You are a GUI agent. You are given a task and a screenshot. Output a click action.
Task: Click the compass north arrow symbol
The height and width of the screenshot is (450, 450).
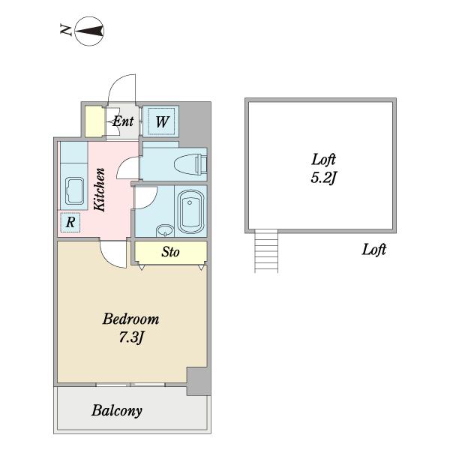click(x=89, y=31)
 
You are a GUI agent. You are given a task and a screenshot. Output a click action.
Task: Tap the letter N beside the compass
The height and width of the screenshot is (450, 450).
click(x=66, y=30)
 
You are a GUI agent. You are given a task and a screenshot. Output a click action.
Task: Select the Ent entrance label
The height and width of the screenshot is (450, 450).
click(x=123, y=121)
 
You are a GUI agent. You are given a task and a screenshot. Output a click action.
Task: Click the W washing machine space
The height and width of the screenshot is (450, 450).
click(x=161, y=121)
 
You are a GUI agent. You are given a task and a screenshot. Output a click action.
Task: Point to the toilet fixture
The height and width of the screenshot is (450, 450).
click(x=190, y=165)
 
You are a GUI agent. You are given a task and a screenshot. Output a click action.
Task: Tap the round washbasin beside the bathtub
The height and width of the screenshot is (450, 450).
click(x=165, y=230)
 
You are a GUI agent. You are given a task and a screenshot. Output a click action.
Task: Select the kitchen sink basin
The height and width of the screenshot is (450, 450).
click(x=74, y=190)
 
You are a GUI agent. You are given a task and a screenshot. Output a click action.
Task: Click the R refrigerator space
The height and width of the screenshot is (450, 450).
click(x=70, y=223)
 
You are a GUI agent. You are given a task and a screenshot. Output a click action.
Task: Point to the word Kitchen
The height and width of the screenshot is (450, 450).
click(x=100, y=190)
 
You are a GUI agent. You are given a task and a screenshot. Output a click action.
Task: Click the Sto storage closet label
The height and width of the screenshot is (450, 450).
click(x=170, y=252)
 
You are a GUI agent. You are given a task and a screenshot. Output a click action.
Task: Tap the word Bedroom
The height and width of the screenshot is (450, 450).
click(x=130, y=319)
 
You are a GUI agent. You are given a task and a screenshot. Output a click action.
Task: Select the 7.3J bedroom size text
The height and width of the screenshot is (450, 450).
click(x=130, y=337)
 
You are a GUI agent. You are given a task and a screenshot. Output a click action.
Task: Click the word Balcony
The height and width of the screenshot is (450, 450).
click(x=117, y=411)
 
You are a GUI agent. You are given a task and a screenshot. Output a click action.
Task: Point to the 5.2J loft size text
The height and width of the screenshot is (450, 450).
click(x=323, y=178)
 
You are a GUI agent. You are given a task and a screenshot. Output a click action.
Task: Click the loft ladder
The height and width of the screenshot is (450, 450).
click(x=266, y=251)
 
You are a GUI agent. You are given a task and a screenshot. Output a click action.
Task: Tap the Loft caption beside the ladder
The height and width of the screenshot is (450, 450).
click(x=373, y=250)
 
